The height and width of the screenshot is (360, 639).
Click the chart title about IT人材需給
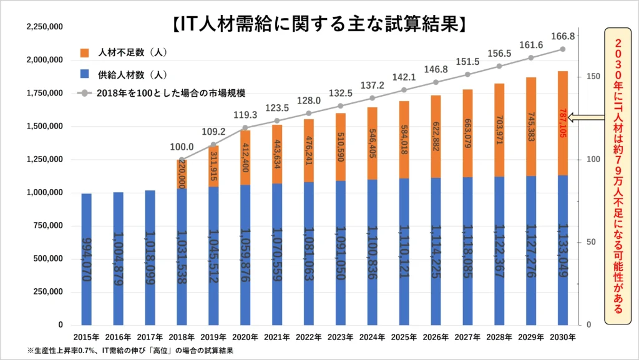tap(319, 24)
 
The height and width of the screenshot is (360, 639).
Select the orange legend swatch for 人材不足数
tap(85, 52)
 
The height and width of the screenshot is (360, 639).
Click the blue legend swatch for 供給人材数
tap(85, 74)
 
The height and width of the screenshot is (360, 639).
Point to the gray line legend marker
tap(85, 93)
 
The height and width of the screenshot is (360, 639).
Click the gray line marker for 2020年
tap(245, 128)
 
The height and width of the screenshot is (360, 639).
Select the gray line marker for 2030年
tap(563, 49)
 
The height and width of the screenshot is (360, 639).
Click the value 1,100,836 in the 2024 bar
tap(372, 250)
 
